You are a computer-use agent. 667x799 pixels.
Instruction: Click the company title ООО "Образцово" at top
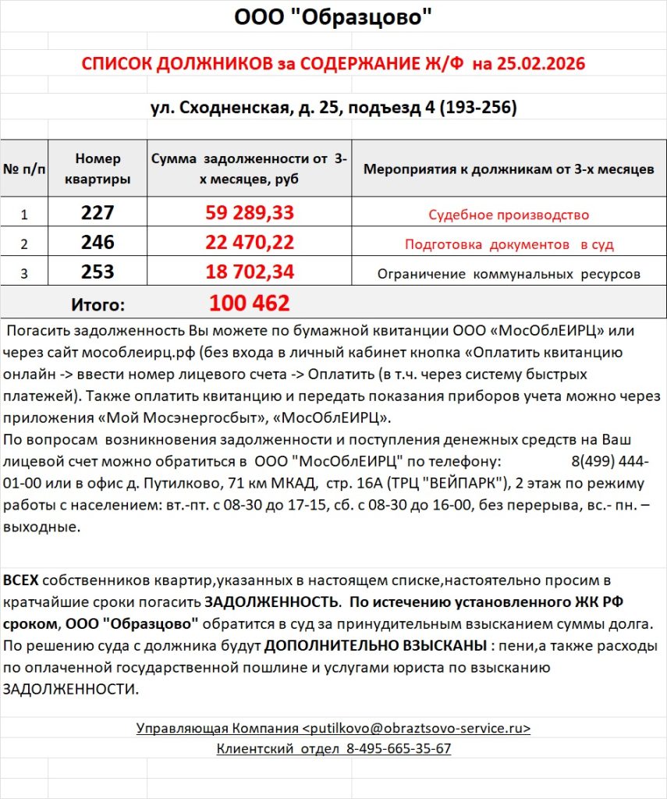333,17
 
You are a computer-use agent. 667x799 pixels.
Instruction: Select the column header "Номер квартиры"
98,169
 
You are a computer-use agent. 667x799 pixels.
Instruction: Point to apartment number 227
98,213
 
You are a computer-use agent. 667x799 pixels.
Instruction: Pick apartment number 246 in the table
98,243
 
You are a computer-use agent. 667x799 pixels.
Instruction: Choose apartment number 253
98,272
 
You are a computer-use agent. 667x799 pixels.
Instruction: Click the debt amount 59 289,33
250,213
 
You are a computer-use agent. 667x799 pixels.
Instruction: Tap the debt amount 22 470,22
250,243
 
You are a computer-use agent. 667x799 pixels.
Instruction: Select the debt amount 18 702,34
250,272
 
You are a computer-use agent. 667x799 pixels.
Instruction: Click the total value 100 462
250,303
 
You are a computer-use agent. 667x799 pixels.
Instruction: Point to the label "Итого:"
98,304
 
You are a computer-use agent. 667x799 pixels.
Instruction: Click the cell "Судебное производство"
509,215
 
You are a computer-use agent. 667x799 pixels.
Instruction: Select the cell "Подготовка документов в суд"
509,244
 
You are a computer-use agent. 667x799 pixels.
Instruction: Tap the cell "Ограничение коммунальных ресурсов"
509,274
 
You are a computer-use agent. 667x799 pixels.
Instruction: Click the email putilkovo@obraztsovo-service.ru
416,728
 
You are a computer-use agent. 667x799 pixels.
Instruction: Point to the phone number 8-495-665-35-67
399,748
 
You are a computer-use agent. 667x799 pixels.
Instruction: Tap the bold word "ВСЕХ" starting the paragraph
21,581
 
